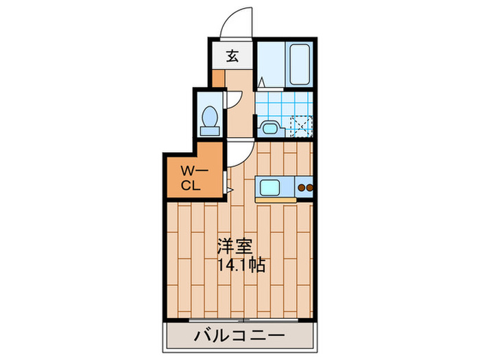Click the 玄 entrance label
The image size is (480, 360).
(x=232, y=56)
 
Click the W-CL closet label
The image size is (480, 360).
(x=191, y=176)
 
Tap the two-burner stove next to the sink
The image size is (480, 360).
(x=304, y=188)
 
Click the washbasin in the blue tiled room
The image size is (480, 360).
(x=269, y=128)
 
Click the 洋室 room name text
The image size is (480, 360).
(x=234, y=245)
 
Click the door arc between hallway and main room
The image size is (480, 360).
(x=235, y=154)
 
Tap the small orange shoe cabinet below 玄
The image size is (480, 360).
(x=217, y=77)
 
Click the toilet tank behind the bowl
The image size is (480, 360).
(x=208, y=128)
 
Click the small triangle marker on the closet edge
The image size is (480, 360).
(x=231, y=188)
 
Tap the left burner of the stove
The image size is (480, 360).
(x=300, y=188)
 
